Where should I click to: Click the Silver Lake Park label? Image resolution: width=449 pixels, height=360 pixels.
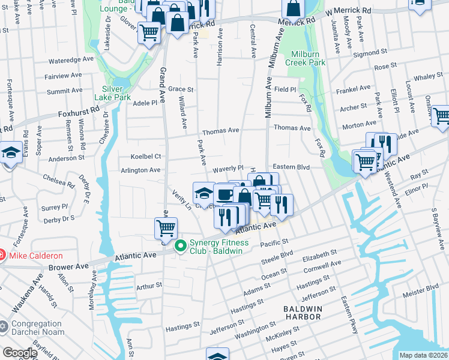coord(112,92)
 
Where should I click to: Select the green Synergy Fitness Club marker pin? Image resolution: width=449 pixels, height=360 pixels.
coord(180,247)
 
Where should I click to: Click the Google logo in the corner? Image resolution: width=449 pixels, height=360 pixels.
coord(20,353)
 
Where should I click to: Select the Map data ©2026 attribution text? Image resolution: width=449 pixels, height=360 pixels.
coord(423,355)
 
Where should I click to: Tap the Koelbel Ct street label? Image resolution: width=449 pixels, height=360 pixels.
coord(146,156)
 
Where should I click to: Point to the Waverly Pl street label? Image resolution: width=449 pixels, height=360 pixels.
coord(227,169)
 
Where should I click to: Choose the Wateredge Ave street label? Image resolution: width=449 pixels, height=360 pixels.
coord(71,60)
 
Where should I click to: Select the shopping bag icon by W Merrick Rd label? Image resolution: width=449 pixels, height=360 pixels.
coord(294,8)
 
